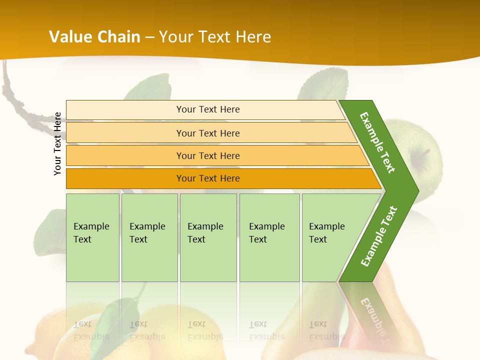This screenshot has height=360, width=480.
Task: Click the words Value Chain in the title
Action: tap(94, 37)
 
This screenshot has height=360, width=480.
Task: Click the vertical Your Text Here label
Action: tap(57, 143)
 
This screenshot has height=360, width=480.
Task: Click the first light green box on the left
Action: tap(92, 237)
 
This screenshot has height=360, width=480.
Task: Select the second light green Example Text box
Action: tap(149, 237)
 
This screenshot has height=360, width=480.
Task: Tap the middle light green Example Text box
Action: tap(208, 237)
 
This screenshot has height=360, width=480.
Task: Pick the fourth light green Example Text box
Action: tap(269, 237)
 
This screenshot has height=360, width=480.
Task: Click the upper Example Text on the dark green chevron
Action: tap(377, 142)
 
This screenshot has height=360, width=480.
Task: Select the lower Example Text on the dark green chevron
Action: tap(378, 236)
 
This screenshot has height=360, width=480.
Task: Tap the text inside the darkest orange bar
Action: tap(208, 178)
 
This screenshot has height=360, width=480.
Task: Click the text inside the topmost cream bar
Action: tap(208, 109)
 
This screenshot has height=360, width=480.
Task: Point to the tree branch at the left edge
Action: tap(15, 95)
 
